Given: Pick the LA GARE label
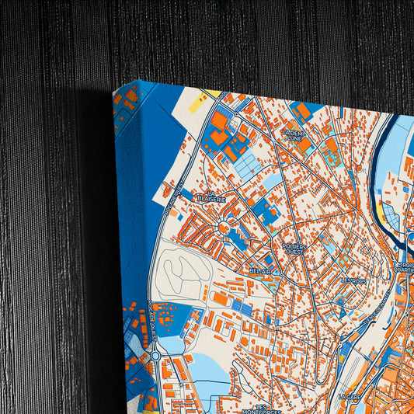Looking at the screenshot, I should tap(353, 396).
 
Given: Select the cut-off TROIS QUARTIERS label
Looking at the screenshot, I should tap(403, 268).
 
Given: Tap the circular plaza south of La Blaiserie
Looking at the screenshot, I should tap(225, 228).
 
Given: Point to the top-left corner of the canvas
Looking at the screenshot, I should tap(113, 91).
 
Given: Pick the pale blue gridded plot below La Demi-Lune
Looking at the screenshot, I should tap(247, 165).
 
